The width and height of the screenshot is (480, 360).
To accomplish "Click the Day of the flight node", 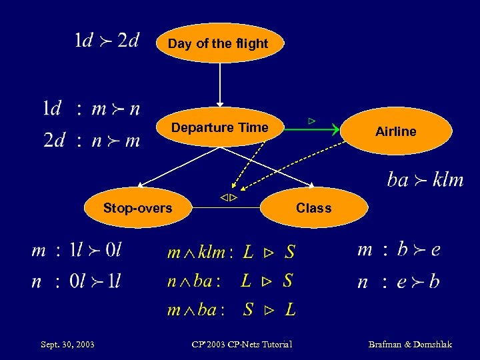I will (x=219, y=44).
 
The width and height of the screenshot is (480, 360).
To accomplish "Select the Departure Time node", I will (x=219, y=127).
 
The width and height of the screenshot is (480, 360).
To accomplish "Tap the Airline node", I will (x=395, y=132).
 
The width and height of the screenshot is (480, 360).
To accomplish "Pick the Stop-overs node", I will (x=137, y=208).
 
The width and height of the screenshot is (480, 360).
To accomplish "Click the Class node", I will (x=314, y=208).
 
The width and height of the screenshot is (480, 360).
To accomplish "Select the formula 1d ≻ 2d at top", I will (x=106, y=41).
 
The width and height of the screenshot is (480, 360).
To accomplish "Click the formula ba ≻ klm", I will (x=425, y=180).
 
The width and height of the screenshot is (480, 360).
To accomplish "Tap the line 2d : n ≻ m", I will (x=91, y=140).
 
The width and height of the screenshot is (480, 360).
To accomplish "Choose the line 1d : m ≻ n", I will (x=91, y=108).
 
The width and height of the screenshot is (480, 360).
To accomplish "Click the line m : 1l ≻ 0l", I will (x=77, y=251).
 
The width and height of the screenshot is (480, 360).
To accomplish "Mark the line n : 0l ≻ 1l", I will (x=77, y=281).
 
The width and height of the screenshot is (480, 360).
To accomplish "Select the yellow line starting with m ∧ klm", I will (x=231, y=252).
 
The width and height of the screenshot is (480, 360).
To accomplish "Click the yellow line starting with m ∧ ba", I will (x=231, y=309).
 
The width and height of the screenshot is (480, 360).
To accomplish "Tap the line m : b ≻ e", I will (x=399, y=250).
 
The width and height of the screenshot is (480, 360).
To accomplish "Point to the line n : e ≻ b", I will (x=399, y=281).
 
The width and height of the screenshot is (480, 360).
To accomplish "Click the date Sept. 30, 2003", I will (x=67, y=345).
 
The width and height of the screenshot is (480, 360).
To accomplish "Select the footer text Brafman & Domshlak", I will (x=410, y=345).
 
